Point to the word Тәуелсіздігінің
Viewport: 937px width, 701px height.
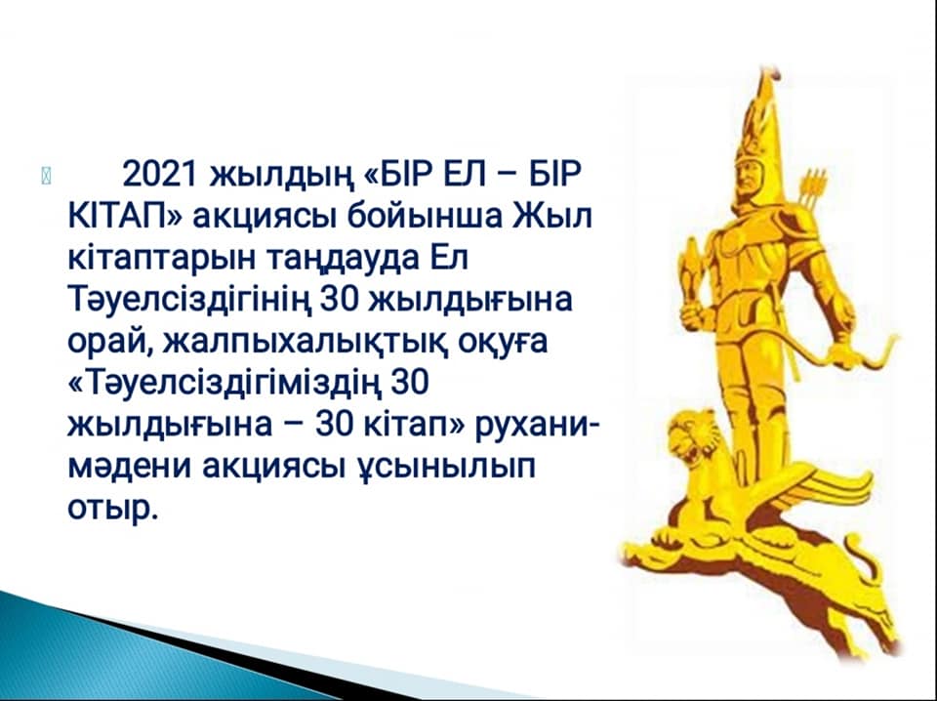(x=189, y=301)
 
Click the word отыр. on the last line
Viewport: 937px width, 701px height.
(x=113, y=511)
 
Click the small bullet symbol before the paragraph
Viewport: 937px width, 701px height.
(x=47, y=177)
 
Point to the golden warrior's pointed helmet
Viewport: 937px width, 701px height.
(x=760, y=119)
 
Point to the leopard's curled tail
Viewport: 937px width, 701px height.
(x=861, y=556)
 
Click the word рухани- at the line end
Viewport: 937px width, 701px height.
(x=536, y=426)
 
